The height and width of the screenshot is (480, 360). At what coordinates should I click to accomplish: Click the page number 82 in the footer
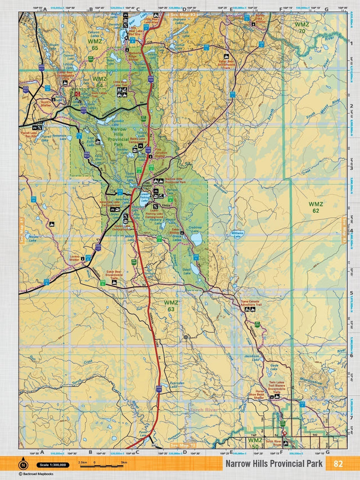point(337,464)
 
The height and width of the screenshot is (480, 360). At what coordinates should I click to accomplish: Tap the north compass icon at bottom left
point(22,464)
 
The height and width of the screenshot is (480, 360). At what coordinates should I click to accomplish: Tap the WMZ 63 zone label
point(170,306)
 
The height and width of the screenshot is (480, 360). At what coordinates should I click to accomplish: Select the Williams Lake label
point(238,233)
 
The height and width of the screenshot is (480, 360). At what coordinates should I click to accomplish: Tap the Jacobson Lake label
point(251,358)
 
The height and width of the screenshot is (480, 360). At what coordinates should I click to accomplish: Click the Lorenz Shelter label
point(75,258)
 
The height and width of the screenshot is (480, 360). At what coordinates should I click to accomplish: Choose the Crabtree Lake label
point(195,228)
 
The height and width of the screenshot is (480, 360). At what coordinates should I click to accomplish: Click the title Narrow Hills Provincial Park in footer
point(274,464)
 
